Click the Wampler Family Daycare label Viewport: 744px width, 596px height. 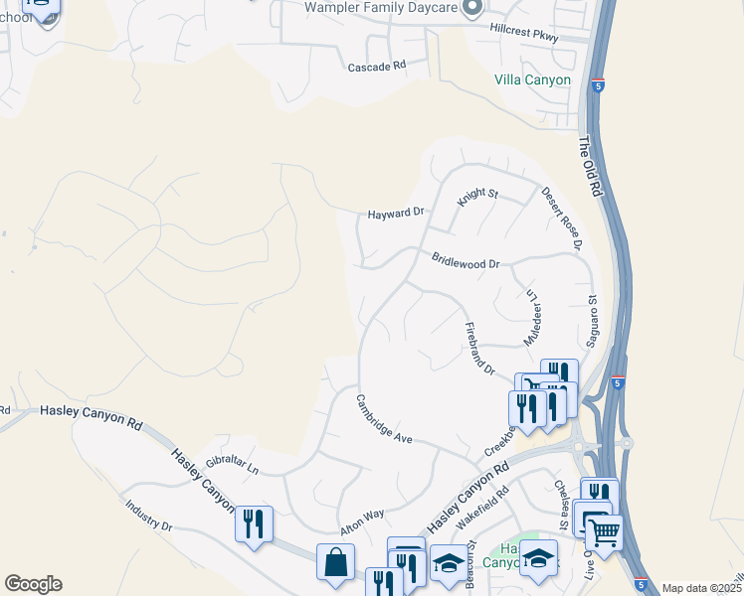[381, 8]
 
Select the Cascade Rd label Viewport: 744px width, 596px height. [377, 67]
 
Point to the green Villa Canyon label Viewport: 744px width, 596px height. [533, 79]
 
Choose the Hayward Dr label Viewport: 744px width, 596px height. [396, 213]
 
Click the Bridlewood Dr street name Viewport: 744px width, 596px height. [465, 259]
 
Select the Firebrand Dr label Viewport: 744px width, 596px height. [479, 348]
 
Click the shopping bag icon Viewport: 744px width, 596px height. [335, 562]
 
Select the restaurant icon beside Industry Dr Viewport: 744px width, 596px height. [254, 522]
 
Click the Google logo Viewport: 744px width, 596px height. [33, 583]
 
